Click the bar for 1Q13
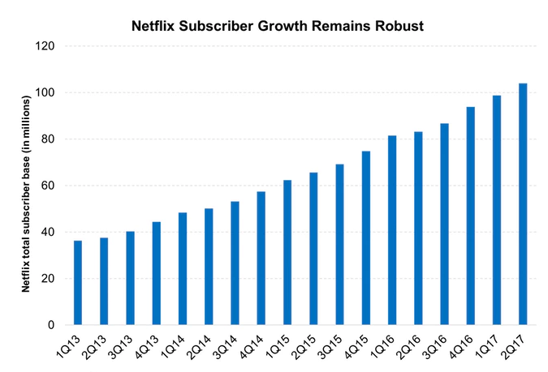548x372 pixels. (77, 283)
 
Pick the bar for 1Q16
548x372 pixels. (391, 230)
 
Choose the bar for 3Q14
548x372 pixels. (235, 263)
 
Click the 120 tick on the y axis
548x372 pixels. (43, 46)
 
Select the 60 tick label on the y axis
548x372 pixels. (46, 186)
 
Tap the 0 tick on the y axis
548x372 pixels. (50, 325)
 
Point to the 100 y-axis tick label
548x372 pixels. (43, 92)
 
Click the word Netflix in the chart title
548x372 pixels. (155, 25)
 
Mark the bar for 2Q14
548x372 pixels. (209, 267)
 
